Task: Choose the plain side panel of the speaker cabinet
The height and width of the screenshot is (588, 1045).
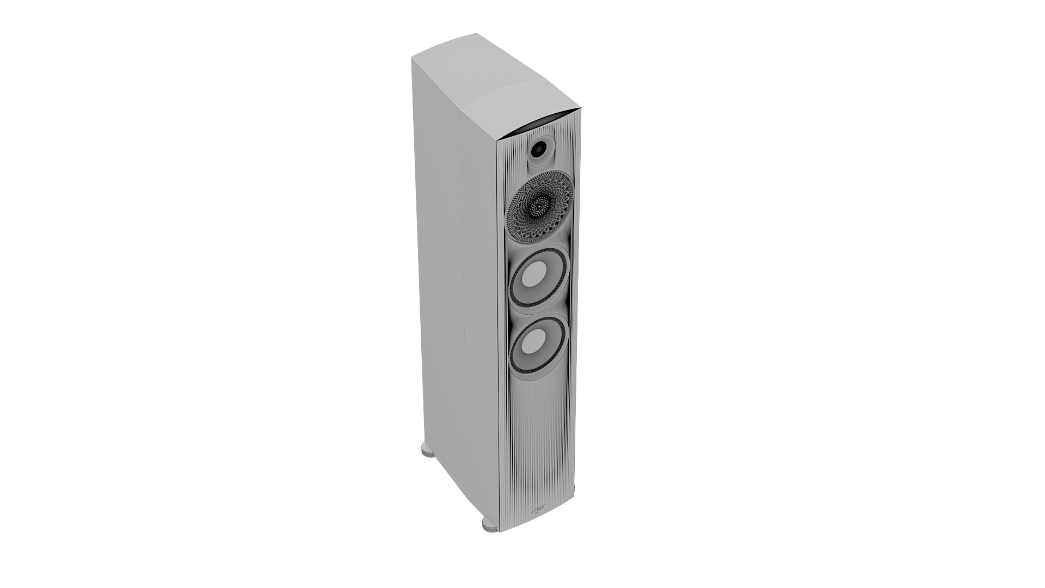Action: click(441, 272)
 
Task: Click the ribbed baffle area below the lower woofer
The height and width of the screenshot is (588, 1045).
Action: click(539, 436)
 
